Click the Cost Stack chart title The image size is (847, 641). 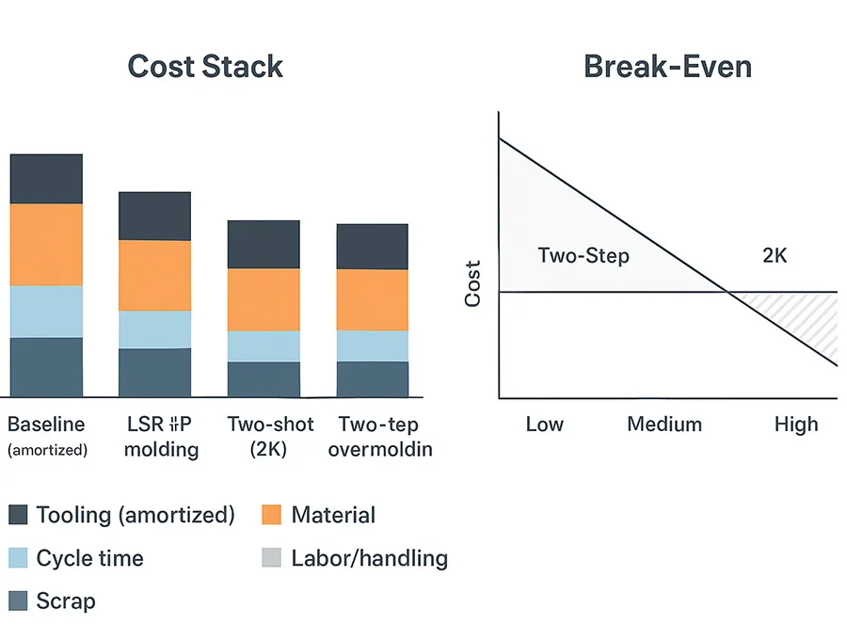[205, 67]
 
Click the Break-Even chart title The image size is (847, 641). [667, 67]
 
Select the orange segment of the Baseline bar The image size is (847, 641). [46, 245]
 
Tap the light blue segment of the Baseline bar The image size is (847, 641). [46, 312]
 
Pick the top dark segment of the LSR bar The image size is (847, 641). [154, 216]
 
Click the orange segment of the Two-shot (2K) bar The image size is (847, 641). [264, 299]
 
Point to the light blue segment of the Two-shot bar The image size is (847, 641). [264, 346]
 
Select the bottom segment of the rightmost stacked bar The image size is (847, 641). [373, 378]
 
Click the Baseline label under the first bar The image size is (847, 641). [46, 425]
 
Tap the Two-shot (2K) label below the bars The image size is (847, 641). [264, 436]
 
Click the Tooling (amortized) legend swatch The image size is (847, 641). [18, 515]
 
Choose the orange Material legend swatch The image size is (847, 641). [271, 515]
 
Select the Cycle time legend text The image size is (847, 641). [89, 558]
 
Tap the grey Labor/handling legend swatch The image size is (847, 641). [271, 558]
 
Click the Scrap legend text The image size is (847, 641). [66, 601]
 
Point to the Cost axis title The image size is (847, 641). [473, 283]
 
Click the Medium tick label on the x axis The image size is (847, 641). [664, 425]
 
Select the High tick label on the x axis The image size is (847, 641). [796, 425]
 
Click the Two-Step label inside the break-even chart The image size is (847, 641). [583, 255]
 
